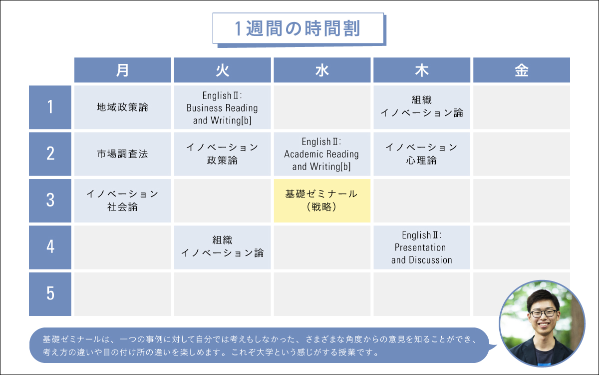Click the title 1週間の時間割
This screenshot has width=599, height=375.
(x=298, y=28)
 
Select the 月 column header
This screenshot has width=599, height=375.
(x=122, y=70)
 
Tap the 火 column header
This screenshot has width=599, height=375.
(x=222, y=70)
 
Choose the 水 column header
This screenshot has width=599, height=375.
(x=322, y=70)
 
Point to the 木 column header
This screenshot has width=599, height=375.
(x=422, y=70)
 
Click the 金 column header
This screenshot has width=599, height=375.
(x=521, y=70)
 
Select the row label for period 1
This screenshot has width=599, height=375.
(x=50, y=107)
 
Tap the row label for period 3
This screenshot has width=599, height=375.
(x=50, y=200)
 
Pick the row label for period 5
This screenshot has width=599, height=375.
(x=50, y=294)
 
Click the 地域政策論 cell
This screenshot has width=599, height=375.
(x=122, y=107)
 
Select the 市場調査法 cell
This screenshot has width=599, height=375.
(x=122, y=154)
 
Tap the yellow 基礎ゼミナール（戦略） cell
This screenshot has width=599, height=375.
(x=322, y=200)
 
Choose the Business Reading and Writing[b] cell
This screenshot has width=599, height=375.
(x=222, y=107)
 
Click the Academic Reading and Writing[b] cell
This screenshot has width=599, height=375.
(x=322, y=154)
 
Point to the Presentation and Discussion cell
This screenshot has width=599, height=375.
(x=422, y=247)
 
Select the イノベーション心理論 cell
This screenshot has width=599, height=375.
(x=422, y=154)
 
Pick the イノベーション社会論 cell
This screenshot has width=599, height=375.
(x=122, y=200)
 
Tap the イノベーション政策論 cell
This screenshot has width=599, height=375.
(x=222, y=154)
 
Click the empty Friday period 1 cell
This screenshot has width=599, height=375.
(x=521, y=107)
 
